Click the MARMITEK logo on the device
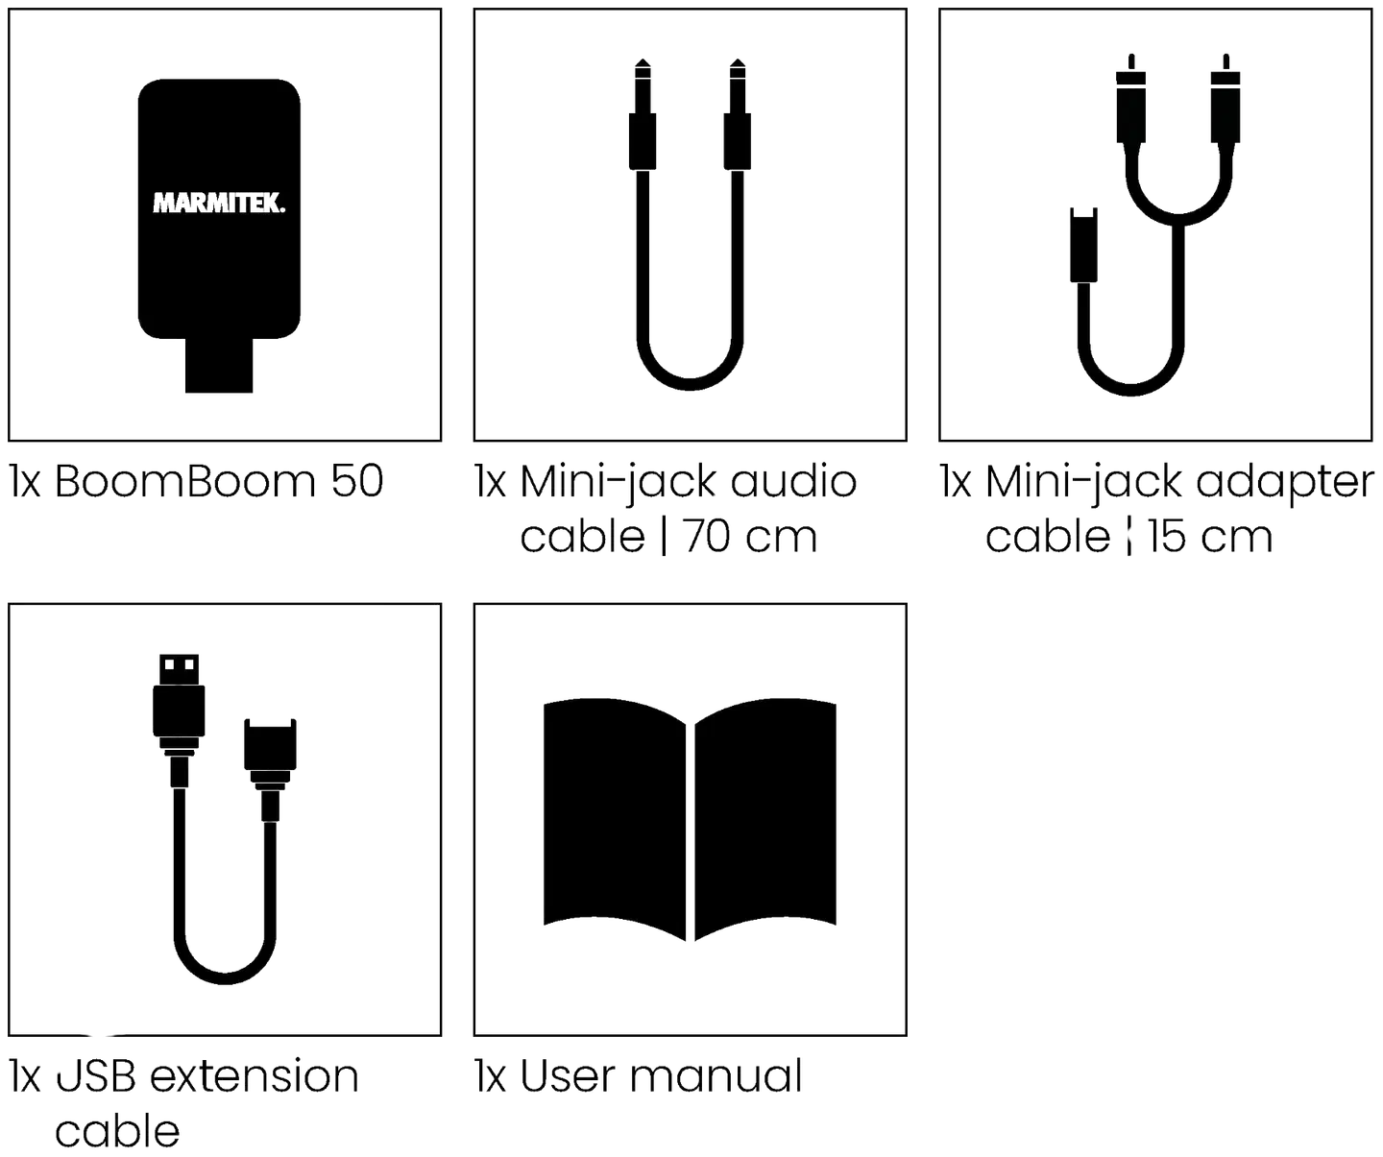219,203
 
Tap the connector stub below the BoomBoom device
219,365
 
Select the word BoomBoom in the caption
184,481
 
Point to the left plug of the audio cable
643,116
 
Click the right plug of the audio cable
738,116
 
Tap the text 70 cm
750,537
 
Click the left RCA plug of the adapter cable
1130,99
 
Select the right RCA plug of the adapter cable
1225,99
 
